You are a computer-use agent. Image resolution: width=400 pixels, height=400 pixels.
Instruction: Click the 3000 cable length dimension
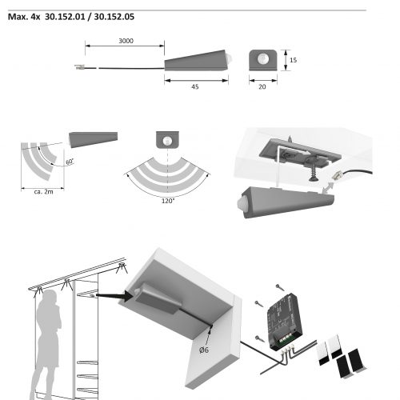[x=126, y=41]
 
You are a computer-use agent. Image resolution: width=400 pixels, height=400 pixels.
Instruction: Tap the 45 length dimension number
[x=195, y=87]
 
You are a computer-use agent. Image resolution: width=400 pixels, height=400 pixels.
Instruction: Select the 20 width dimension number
[x=262, y=87]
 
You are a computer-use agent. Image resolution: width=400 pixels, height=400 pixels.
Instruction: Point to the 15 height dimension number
[x=293, y=60]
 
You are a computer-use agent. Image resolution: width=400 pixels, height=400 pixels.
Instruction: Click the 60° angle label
[x=70, y=162]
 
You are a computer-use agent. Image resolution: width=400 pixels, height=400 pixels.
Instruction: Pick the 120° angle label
[x=168, y=201]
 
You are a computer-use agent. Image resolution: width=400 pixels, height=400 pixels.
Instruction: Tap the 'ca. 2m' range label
[x=43, y=192]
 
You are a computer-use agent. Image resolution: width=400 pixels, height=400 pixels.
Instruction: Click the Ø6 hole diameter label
[x=204, y=350]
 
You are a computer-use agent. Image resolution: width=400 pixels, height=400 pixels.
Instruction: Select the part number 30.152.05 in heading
[x=114, y=17]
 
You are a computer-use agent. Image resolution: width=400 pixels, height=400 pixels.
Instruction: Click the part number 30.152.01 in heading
[x=65, y=17]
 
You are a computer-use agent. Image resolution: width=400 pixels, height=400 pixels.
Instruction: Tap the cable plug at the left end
[x=79, y=67]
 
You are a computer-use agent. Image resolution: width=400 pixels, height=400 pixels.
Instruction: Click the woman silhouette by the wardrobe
[x=48, y=344]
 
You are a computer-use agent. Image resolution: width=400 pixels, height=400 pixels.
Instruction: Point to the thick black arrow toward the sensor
[x=114, y=295]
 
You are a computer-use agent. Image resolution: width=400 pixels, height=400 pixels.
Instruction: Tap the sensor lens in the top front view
[x=262, y=58]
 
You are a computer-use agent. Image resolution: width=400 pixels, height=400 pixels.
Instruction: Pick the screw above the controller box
[x=280, y=287]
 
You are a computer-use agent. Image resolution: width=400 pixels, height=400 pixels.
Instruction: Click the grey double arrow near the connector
[x=327, y=187]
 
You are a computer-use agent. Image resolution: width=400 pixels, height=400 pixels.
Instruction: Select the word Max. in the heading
[x=18, y=17]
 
